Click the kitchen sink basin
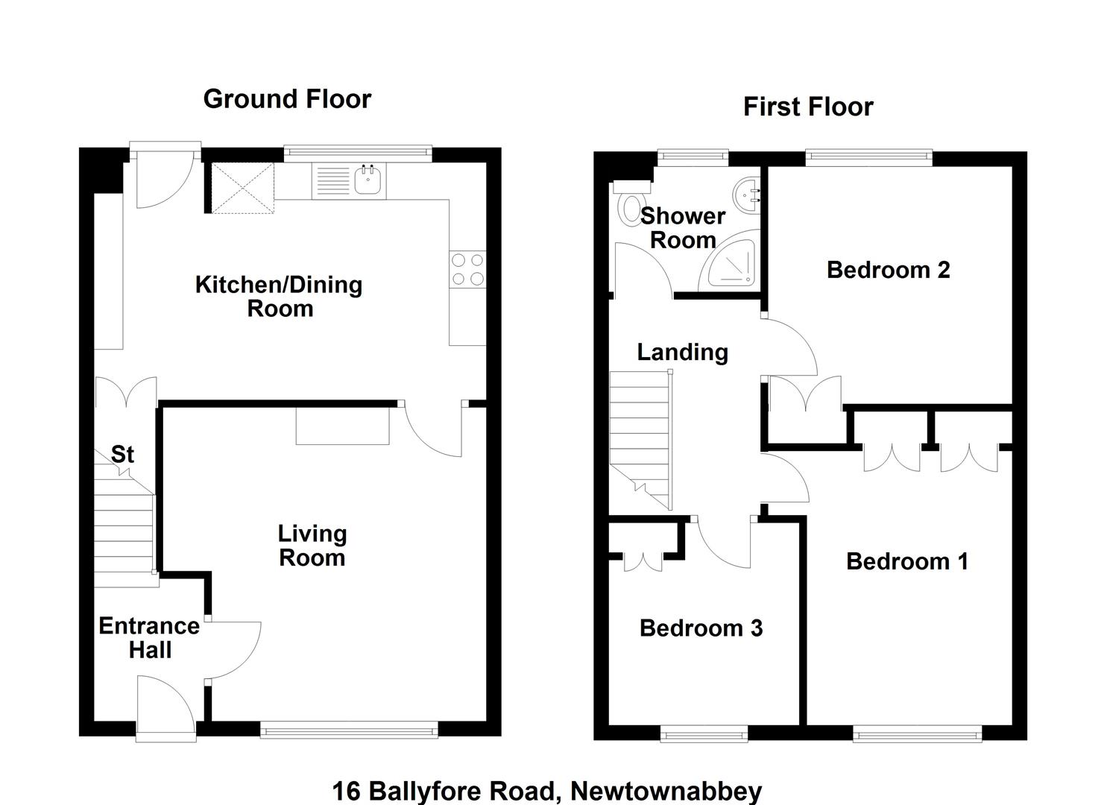pos(368,180)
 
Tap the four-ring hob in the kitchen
pos(467,269)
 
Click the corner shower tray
pos(731,263)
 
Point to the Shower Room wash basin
pos(746,195)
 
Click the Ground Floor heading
pos(287,99)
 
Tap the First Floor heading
pos(808,107)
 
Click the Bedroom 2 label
pos(888,270)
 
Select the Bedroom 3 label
pos(701,628)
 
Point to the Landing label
pos(683,353)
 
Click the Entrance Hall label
pos(149,638)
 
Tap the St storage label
pos(122,454)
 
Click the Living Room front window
pos(349,730)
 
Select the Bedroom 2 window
pos(868,157)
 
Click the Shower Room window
pos(693,157)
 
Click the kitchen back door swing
pos(165,175)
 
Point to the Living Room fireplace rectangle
pos(342,426)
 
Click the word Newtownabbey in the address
pos(666,791)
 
